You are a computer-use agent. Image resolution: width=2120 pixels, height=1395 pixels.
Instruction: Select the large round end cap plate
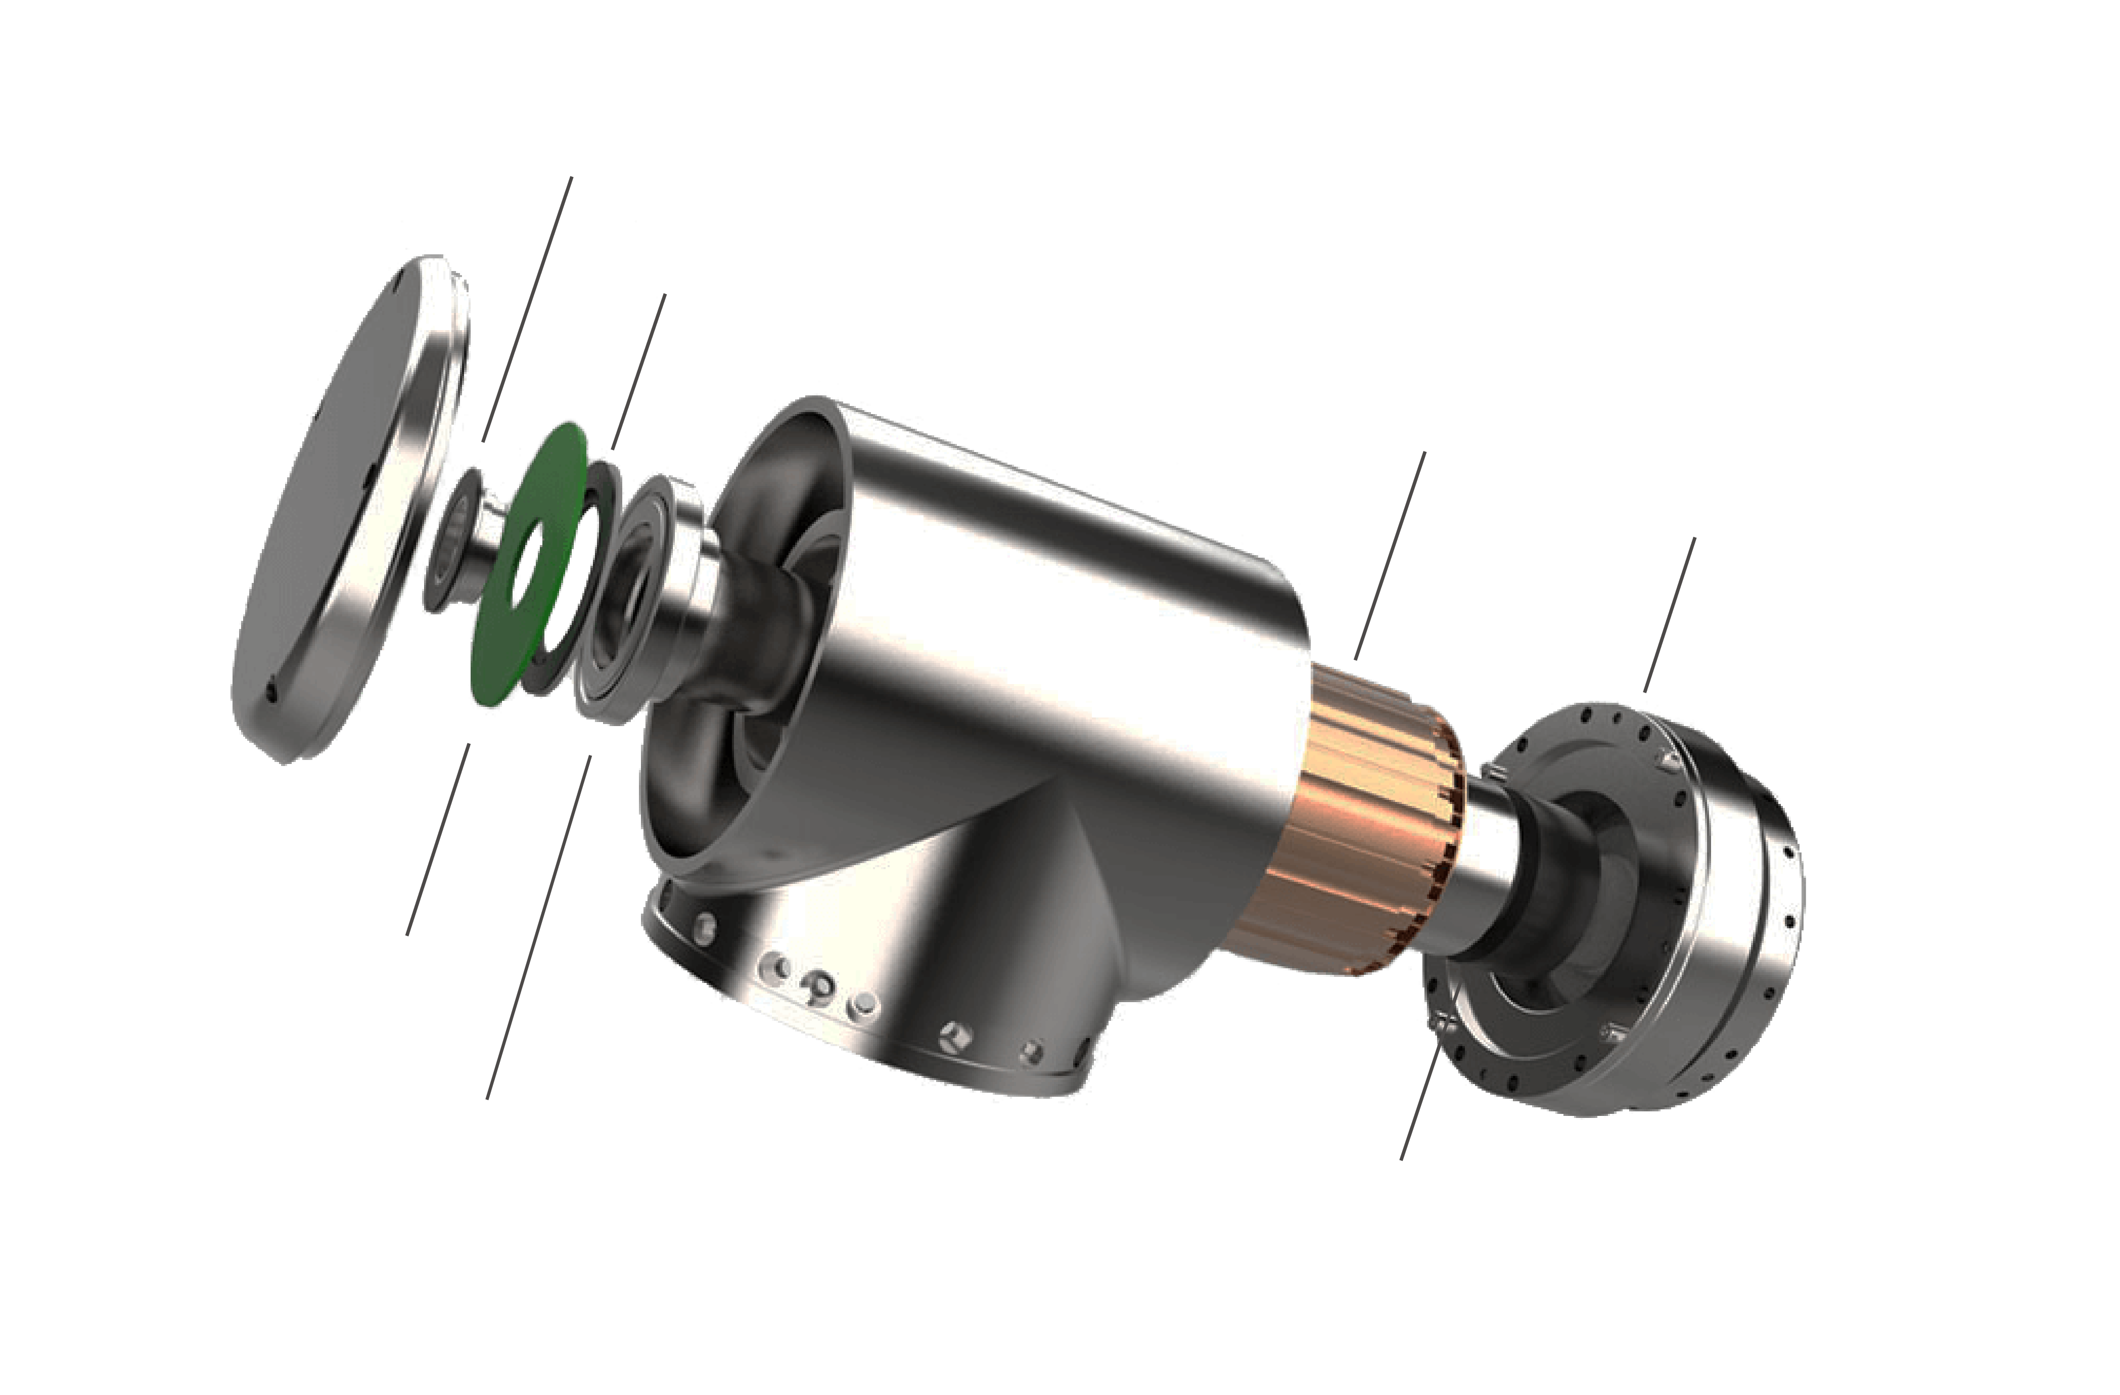[339, 517]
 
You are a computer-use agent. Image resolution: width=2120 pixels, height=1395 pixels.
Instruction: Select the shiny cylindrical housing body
[1025, 623]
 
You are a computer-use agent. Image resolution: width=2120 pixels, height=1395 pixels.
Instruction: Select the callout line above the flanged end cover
[1669, 615]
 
